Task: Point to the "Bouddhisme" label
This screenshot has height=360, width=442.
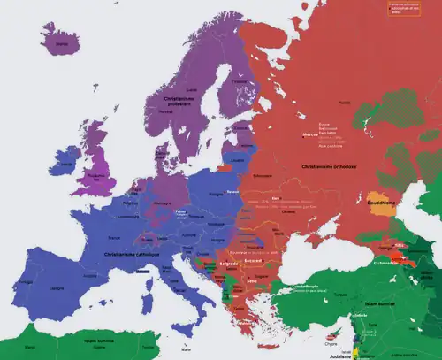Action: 385,203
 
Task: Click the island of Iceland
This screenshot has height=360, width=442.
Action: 59,41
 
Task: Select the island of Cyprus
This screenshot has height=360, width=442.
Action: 332,334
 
